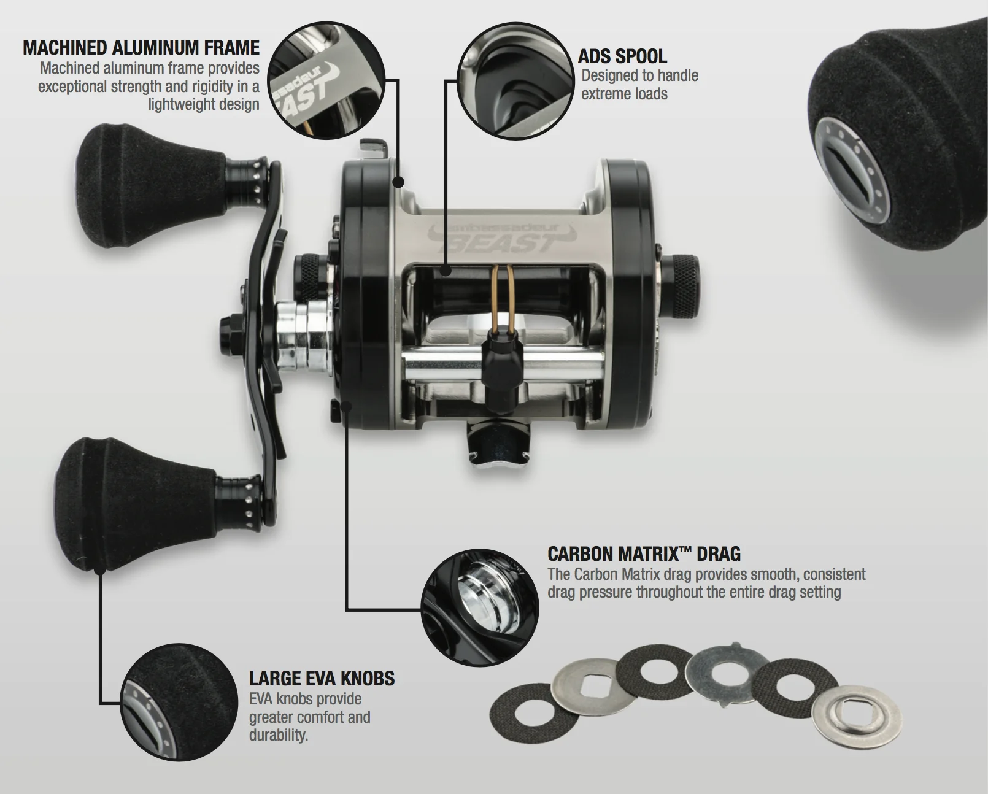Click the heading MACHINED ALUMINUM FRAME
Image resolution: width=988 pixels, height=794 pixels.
141,48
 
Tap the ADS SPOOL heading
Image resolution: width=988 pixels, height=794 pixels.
622,56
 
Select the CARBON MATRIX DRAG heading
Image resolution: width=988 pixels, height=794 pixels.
644,554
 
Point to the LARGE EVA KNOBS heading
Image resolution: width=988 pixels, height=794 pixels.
322,678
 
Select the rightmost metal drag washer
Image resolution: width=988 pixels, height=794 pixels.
856,719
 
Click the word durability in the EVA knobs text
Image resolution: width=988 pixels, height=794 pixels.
278,735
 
